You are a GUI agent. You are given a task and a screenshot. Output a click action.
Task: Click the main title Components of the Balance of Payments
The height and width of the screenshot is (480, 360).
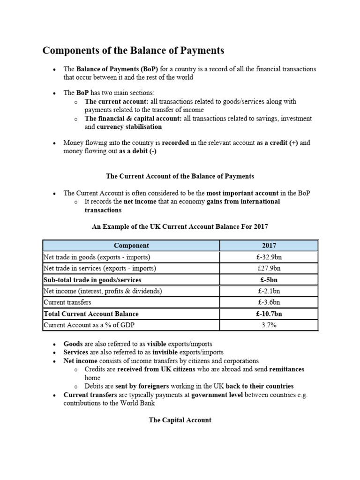tap(134, 50)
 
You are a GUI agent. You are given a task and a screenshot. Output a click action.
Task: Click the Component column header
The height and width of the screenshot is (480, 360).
tap(131, 245)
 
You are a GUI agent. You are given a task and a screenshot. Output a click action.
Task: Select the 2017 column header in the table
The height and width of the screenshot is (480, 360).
tap(269, 245)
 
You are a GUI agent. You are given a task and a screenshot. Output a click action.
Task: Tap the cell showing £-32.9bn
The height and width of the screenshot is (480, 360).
tap(269, 257)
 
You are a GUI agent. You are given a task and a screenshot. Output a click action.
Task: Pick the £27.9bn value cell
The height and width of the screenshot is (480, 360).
tap(269, 269)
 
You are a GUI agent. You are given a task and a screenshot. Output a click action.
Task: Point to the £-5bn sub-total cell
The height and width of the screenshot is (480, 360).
tap(269, 280)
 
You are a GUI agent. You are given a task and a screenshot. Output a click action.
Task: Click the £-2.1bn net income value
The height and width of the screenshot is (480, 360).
tap(269, 291)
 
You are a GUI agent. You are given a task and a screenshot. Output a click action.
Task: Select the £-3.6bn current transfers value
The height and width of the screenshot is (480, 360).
tap(269, 302)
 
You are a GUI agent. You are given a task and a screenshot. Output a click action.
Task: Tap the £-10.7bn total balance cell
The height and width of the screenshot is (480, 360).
tap(269, 314)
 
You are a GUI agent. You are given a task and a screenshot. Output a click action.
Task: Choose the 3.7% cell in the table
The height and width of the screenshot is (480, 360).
tap(269, 325)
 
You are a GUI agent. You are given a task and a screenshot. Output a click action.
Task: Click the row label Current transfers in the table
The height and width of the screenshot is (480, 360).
tap(67, 302)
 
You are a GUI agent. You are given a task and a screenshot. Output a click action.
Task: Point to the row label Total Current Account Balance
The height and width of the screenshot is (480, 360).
tap(91, 314)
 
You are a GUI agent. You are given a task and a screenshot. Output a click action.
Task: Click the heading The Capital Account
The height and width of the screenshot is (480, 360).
tap(180, 420)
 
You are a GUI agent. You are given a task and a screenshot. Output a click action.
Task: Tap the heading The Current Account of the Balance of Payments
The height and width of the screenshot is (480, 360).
tap(180, 176)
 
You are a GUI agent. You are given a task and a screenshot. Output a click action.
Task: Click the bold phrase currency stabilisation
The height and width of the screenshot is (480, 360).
tap(129, 127)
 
